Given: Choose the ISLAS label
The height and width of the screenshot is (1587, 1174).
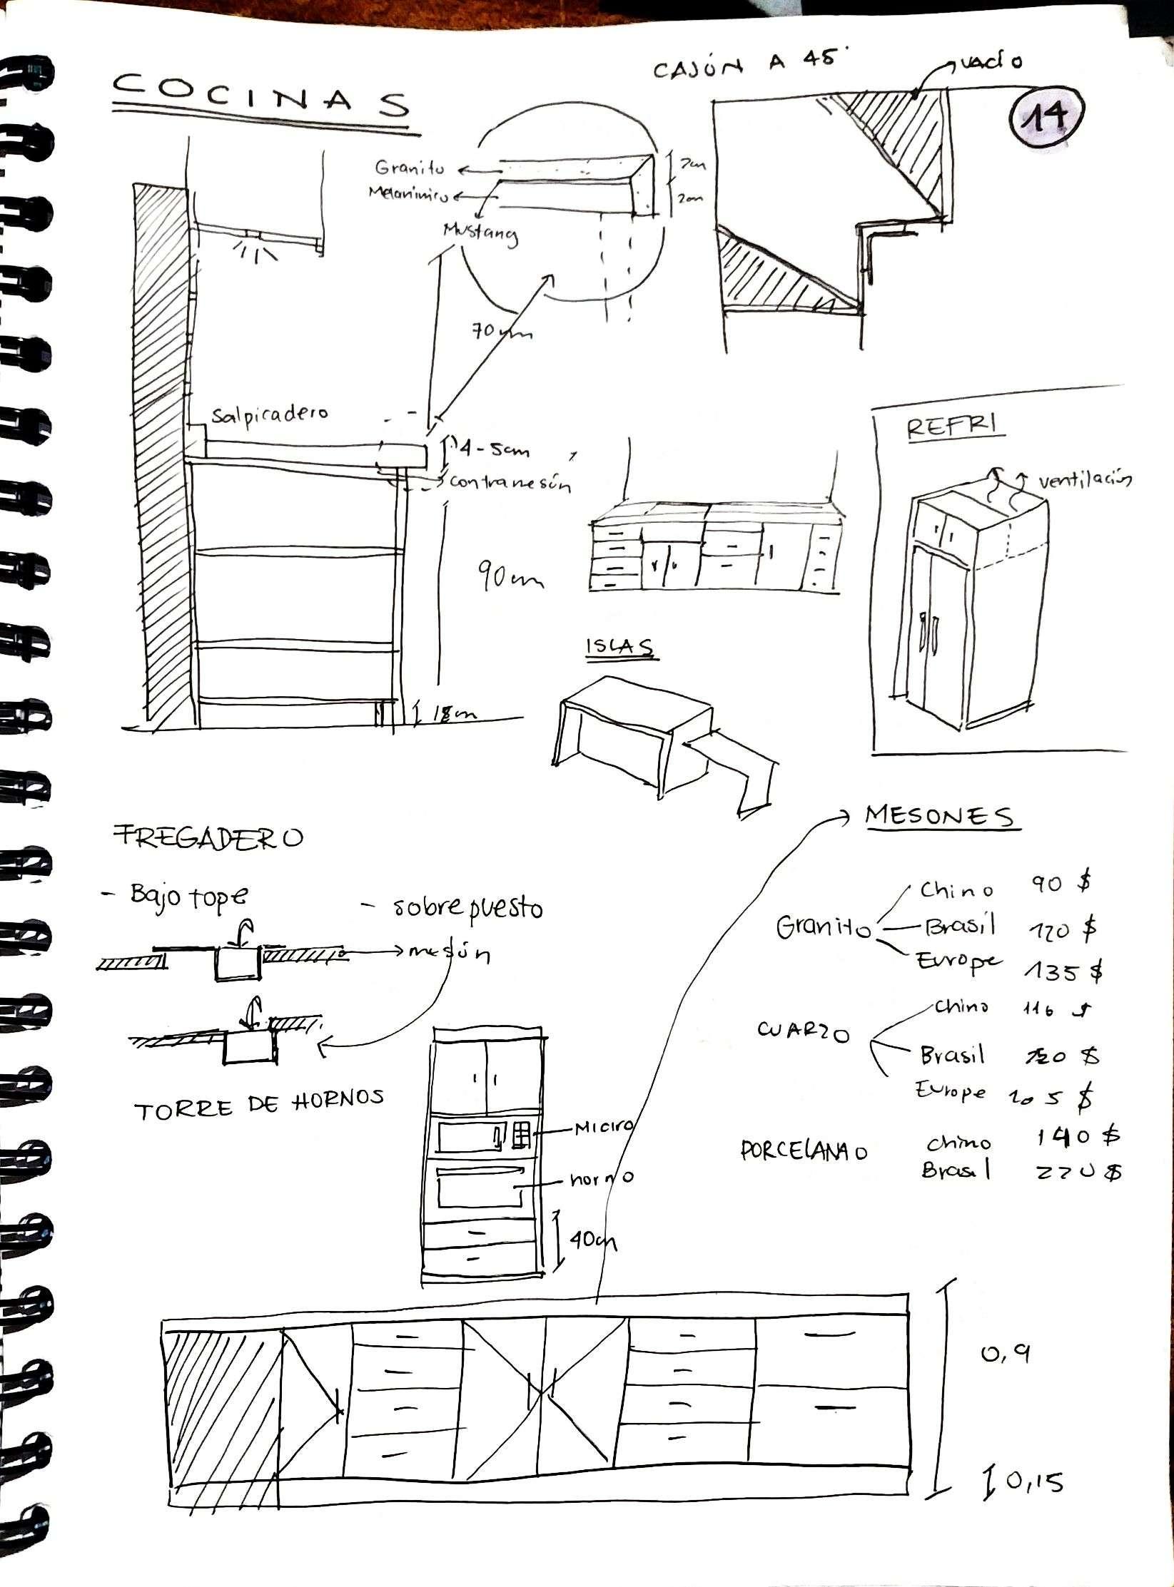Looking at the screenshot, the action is pyautogui.click(x=619, y=646).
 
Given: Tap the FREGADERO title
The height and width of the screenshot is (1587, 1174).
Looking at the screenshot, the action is pyautogui.click(x=208, y=836).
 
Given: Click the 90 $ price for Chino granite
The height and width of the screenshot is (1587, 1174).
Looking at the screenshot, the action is pyautogui.click(x=1061, y=884).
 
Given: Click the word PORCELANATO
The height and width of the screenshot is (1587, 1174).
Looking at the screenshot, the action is pyautogui.click(x=804, y=1150).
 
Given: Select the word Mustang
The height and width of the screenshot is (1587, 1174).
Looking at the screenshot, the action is pyautogui.click(x=480, y=233).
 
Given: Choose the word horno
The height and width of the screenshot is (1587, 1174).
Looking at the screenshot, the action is pyautogui.click(x=601, y=1178).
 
